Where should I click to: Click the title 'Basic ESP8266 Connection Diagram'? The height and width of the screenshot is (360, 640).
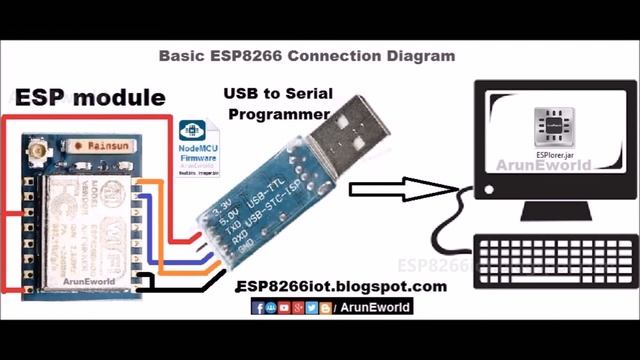tap(307, 56)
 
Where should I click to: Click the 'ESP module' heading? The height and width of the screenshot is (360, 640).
tap(89, 98)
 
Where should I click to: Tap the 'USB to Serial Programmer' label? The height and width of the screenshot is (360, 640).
tap(277, 104)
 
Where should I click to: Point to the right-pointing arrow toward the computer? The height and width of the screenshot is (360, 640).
tap(400, 186)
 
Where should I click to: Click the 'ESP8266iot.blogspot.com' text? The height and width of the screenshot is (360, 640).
tap(341, 286)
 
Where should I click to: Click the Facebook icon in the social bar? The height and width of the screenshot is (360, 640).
tap(258, 308)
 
